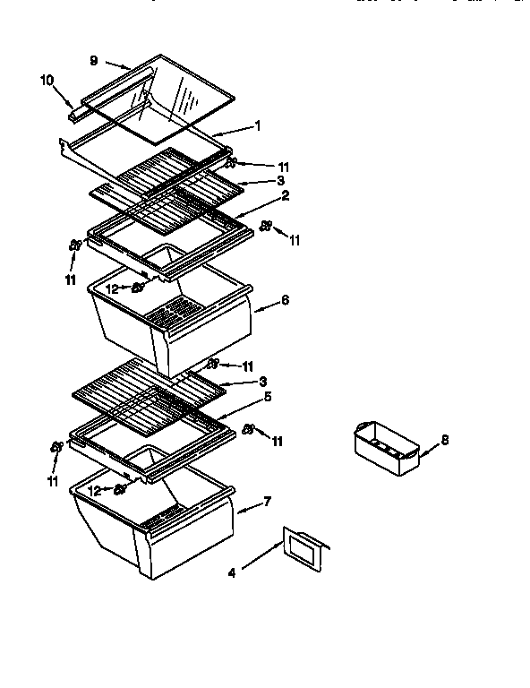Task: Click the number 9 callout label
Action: tap(93, 61)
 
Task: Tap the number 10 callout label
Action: tap(47, 80)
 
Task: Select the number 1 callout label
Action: tap(258, 126)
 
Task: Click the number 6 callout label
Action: tap(285, 300)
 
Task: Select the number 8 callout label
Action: tap(444, 440)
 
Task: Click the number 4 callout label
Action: tap(232, 574)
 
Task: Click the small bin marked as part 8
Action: tap(386, 449)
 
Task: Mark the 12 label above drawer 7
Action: tap(93, 490)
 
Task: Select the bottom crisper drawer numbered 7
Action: tap(152, 529)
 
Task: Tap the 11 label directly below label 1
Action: tap(284, 167)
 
